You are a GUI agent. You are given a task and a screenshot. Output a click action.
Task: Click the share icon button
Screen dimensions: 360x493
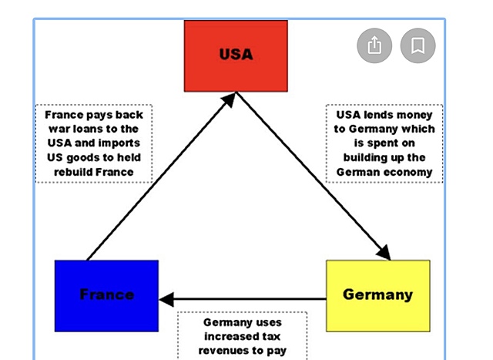pyautogui.click(x=374, y=46)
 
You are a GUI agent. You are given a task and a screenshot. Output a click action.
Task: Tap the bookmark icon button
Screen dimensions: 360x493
pyautogui.click(x=418, y=46)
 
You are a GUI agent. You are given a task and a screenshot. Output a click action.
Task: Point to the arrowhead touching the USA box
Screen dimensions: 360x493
pyautogui.click(x=230, y=102)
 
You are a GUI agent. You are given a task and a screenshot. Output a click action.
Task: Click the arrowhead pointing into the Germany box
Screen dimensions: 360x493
pyautogui.click(x=383, y=253)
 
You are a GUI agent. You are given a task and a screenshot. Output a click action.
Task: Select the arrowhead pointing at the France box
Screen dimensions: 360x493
pyautogui.click(x=167, y=298)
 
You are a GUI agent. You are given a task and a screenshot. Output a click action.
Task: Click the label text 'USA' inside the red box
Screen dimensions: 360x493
pyautogui.click(x=236, y=55)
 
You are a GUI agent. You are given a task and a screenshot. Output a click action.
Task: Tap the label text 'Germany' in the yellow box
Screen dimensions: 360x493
pyautogui.click(x=377, y=294)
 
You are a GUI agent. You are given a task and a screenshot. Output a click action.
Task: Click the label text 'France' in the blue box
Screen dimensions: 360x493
pyautogui.click(x=106, y=294)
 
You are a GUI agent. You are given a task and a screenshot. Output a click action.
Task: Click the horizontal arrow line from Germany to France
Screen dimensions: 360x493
pyautogui.click(x=246, y=298)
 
